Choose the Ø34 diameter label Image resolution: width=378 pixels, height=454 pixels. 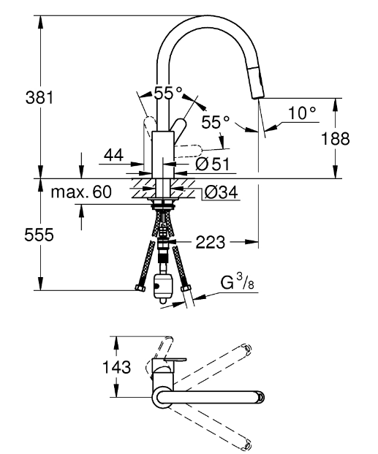coord(219,193)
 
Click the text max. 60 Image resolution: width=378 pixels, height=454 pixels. coord(81,193)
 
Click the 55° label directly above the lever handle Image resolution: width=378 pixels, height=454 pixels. coord(167,93)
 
